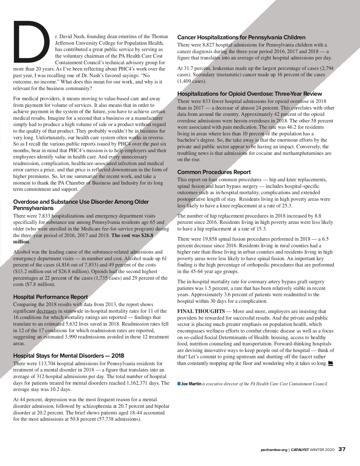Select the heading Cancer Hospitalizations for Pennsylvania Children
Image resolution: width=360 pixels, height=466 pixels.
[241, 38]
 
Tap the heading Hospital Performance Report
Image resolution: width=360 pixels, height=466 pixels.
[50, 297]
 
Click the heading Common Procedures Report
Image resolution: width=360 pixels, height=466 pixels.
[214, 172]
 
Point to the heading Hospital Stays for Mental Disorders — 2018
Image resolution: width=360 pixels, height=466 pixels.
[68, 356]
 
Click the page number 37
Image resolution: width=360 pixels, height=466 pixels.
[342, 449]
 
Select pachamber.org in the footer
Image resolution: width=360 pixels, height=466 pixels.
[274, 449]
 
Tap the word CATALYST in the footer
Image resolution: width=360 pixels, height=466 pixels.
[300, 449]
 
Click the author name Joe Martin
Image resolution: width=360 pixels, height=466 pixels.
[191, 384]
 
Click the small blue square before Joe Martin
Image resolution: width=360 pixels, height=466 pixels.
[179, 383]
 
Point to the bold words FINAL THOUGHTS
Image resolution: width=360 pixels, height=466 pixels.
[201, 311]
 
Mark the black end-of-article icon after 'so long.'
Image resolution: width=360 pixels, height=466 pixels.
[331, 363]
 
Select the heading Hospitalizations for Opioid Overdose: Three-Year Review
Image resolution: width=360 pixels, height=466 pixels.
[250, 94]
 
